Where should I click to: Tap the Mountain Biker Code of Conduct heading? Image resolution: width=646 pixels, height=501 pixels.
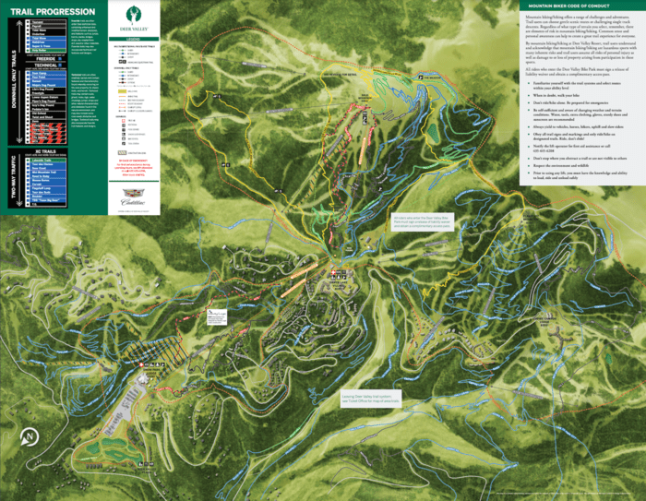click(570, 6)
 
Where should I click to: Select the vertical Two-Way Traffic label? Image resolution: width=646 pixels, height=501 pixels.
click(12, 189)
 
